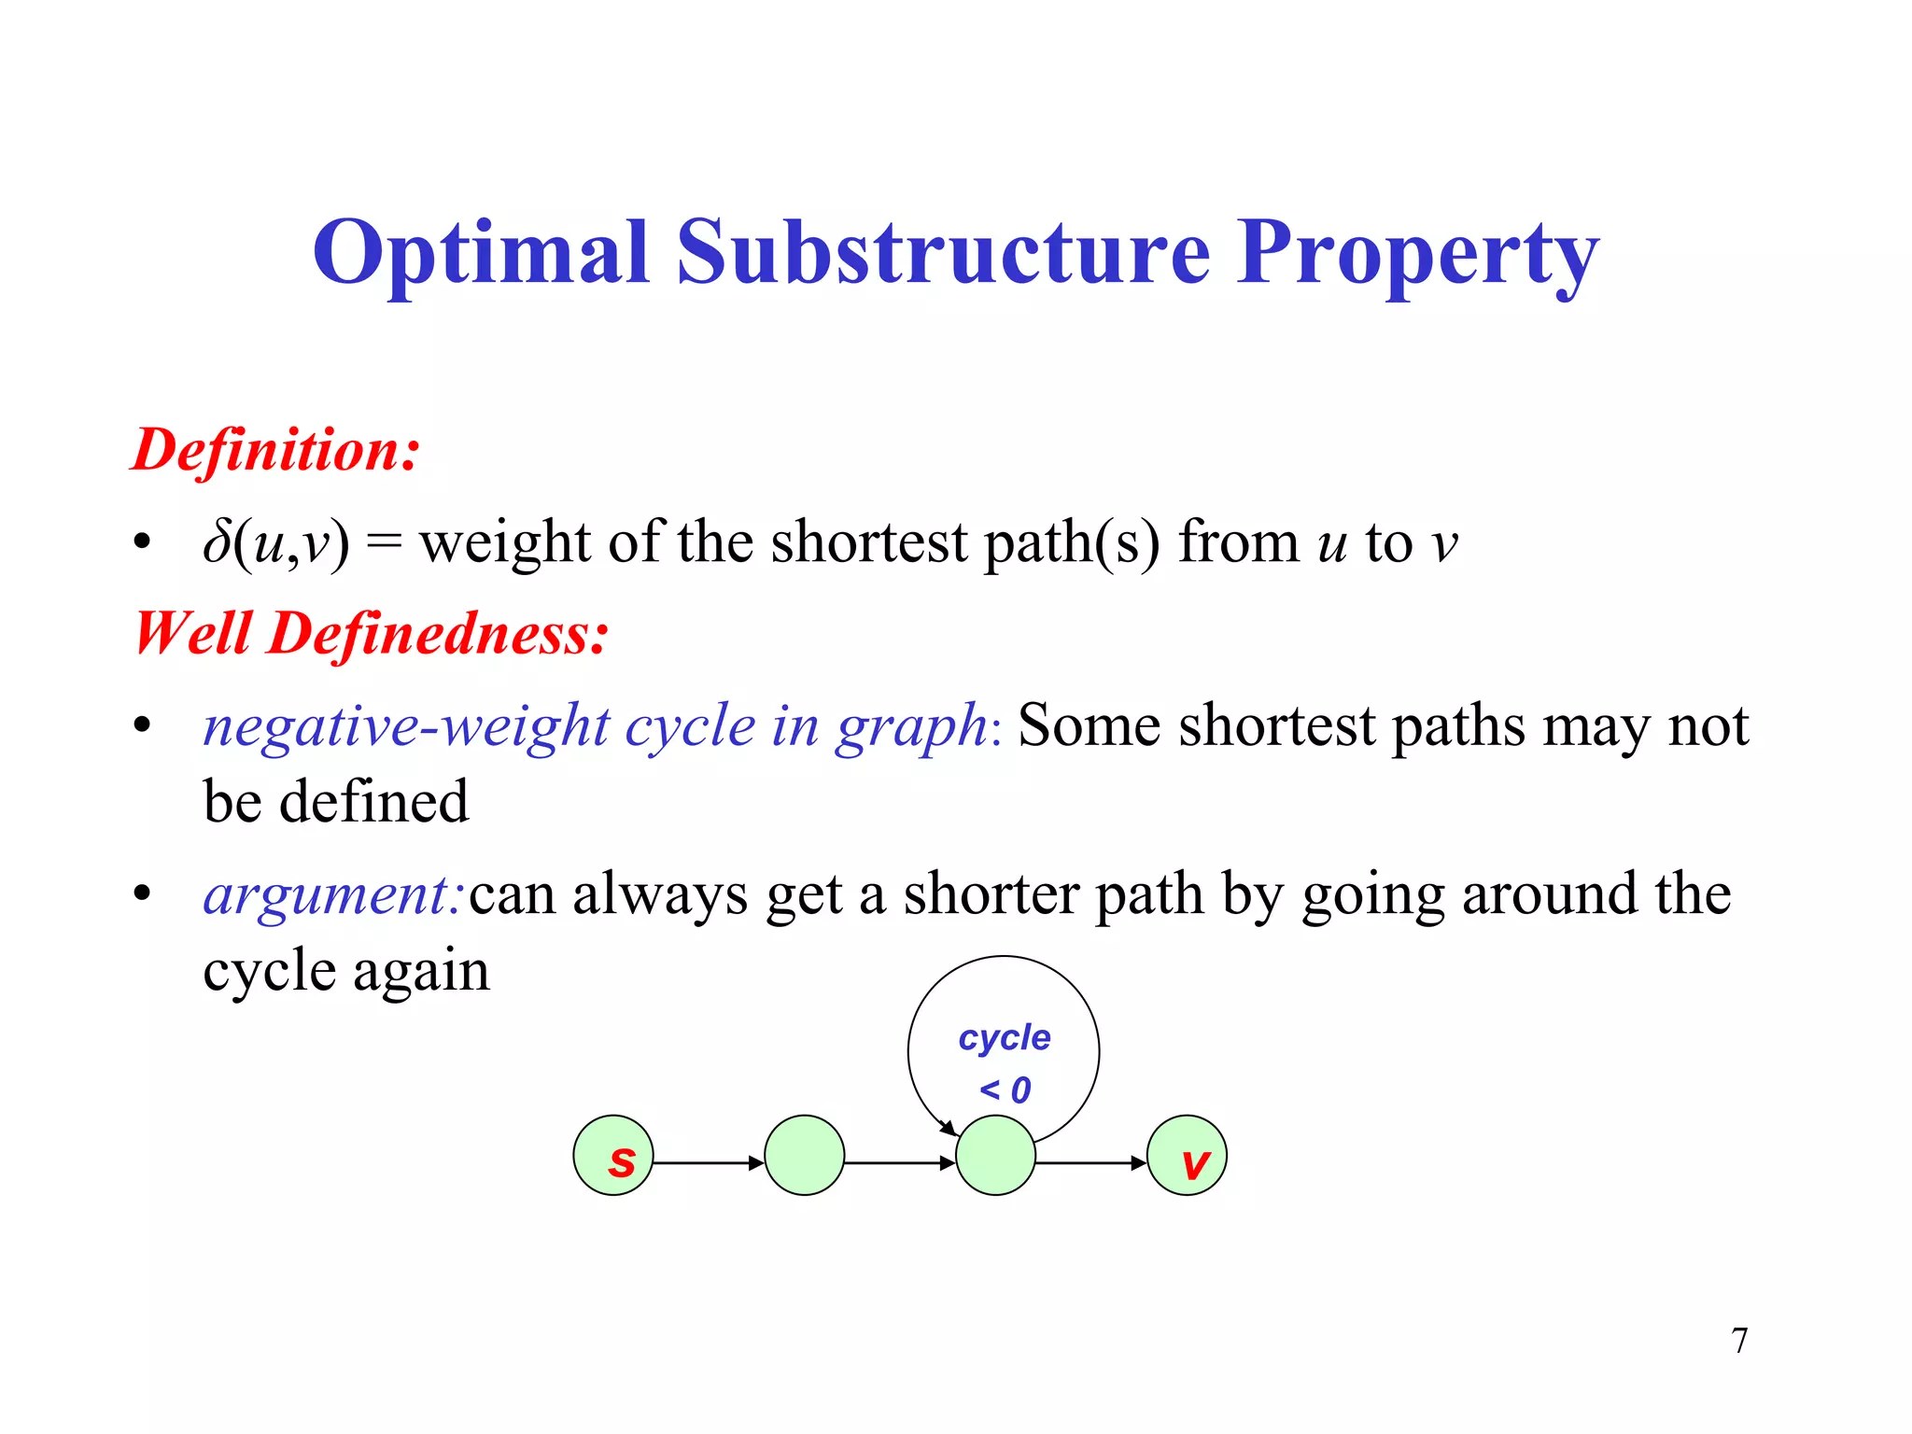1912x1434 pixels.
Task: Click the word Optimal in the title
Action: [480, 252]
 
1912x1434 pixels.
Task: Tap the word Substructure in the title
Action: [943, 252]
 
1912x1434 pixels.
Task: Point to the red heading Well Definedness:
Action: [371, 634]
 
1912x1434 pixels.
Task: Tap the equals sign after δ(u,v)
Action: [384, 544]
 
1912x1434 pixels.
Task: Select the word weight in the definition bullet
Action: [504, 544]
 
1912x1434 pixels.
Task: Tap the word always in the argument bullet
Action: [659, 894]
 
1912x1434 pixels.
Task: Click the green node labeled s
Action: [613, 1156]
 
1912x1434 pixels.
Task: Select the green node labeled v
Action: [1187, 1156]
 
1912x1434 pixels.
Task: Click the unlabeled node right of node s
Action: [804, 1156]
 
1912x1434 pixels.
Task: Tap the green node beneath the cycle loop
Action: [995, 1156]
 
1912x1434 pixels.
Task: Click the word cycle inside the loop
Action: [1005, 1038]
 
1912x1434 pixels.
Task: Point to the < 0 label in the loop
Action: [1005, 1090]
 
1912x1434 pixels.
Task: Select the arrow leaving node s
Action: [708, 1163]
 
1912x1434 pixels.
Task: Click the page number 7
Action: [1739, 1341]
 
